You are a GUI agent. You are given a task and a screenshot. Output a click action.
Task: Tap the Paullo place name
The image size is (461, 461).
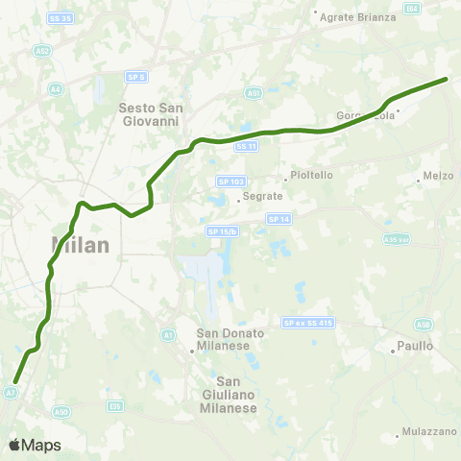[x=414, y=345]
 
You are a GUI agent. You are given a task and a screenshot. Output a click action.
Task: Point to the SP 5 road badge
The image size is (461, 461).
[x=135, y=76]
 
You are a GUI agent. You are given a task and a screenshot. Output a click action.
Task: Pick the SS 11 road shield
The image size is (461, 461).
[x=246, y=146]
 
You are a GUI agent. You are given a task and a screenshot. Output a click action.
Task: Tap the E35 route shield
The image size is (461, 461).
[x=116, y=406]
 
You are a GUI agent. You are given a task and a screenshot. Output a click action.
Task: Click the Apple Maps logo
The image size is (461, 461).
[x=34, y=445]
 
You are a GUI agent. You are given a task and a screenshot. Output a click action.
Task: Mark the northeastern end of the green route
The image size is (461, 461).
[x=447, y=80]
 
